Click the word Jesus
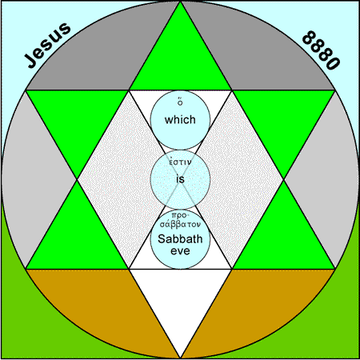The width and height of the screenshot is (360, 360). click(47, 45)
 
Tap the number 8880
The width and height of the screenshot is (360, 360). click(322, 50)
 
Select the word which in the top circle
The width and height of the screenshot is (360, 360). click(180, 119)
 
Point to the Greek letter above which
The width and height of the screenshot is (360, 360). click(180, 102)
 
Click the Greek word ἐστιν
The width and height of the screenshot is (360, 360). click(180, 162)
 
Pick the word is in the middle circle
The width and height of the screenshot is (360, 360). click(180, 178)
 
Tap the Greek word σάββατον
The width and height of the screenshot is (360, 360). click(180, 224)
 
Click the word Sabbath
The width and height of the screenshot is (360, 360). click(180, 238)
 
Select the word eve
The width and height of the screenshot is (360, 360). click(180, 250)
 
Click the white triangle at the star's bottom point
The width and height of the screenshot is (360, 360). click(180, 298)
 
